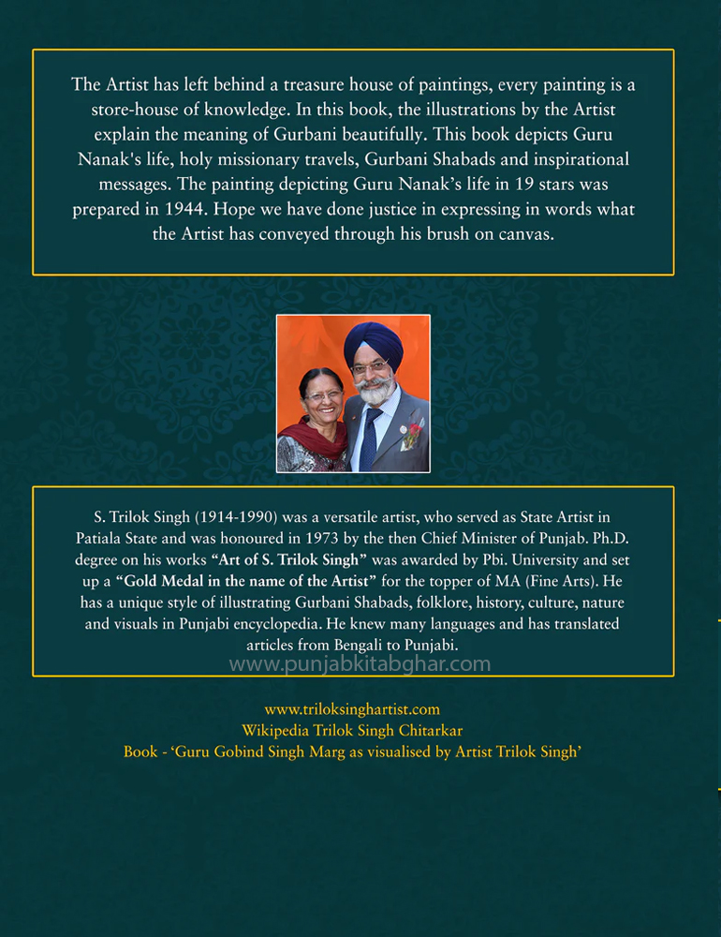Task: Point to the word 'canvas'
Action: click(524, 234)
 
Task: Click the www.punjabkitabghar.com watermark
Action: click(360, 664)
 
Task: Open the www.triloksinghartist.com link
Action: click(352, 709)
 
